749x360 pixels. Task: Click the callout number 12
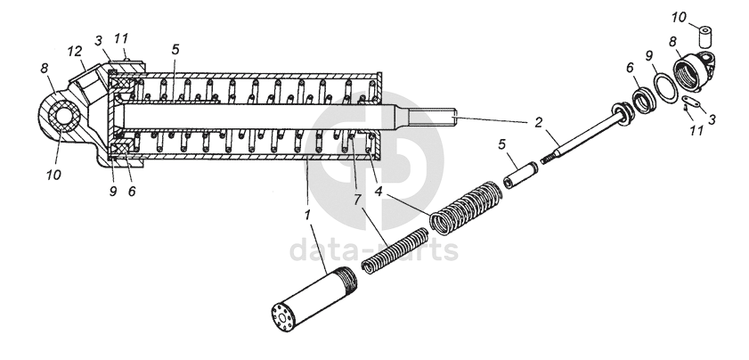(75, 52)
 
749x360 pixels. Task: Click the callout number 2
(538, 123)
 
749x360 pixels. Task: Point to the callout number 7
(358, 200)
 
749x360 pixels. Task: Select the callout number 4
(379, 192)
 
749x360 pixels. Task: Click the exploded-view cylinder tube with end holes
(313, 299)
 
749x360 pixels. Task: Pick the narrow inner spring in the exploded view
(395, 251)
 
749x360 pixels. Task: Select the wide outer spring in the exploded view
(466, 208)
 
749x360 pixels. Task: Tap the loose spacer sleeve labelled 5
(521, 176)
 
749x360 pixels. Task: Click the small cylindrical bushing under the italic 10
(705, 38)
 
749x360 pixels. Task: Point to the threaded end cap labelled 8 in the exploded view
(695, 70)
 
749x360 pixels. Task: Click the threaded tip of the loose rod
(547, 158)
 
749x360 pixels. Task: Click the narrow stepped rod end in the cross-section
(432, 116)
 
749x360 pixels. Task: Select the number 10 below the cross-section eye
(53, 175)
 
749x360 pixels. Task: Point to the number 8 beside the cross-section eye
(45, 69)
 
